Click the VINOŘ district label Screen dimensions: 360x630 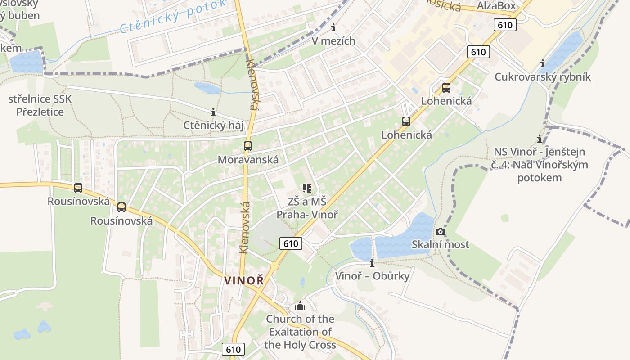coord(244,280)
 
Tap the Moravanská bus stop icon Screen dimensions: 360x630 coord(247,146)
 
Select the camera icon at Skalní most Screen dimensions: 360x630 coord(441,231)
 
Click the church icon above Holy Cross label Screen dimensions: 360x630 coord(300,306)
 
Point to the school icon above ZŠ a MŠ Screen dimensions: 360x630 coord(307,189)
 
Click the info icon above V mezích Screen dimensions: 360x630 coord(333,28)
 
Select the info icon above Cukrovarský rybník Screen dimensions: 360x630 coord(543,64)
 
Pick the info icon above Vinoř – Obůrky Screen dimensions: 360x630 coord(372,263)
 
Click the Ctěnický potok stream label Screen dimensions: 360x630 coord(173,17)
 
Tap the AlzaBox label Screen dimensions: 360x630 coord(496,6)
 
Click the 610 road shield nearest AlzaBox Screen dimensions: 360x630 coord(505,25)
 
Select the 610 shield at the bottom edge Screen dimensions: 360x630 coord(234,349)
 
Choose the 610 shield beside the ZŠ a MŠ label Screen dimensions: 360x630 coord(291,243)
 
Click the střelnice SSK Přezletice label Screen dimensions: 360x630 coord(40,105)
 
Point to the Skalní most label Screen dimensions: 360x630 coord(441,245)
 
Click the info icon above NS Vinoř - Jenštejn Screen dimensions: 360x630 coord(540,139)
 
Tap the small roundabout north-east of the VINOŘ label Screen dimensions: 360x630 coord(274,266)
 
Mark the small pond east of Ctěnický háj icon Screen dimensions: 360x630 coord(207,88)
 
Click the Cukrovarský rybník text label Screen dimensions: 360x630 coord(543,77)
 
